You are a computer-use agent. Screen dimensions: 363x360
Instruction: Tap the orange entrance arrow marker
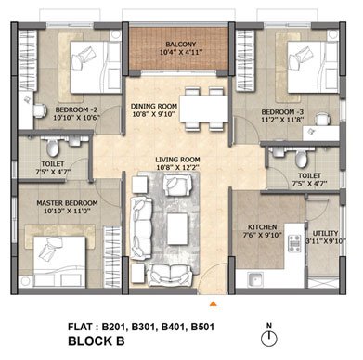(213, 304)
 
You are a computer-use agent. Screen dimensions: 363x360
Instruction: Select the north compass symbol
(269, 336)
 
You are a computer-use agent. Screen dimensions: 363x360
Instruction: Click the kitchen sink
(255, 280)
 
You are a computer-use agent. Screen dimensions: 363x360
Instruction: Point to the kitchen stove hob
(294, 243)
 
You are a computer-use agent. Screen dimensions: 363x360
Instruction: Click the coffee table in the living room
(177, 229)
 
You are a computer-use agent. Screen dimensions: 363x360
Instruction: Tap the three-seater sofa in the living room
(141, 227)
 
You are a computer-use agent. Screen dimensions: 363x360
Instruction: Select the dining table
(204, 109)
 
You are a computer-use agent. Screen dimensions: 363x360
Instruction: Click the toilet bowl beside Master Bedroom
(53, 148)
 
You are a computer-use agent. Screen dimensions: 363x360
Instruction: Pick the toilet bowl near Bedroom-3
(301, 159)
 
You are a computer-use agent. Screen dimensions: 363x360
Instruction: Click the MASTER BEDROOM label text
(67, 203)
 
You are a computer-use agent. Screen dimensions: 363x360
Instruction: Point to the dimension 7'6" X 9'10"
(263, 235)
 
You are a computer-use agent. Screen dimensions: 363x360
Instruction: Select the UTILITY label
(325, 233)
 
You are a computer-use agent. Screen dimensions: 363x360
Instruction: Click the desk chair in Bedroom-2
(40, 111)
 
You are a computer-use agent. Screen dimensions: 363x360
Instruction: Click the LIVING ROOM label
(177, 160)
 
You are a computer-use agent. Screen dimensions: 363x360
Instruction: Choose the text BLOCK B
(97, 341)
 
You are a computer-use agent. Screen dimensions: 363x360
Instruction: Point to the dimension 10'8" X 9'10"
(154, 114)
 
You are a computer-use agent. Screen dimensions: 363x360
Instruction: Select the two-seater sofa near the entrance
(169, 275)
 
